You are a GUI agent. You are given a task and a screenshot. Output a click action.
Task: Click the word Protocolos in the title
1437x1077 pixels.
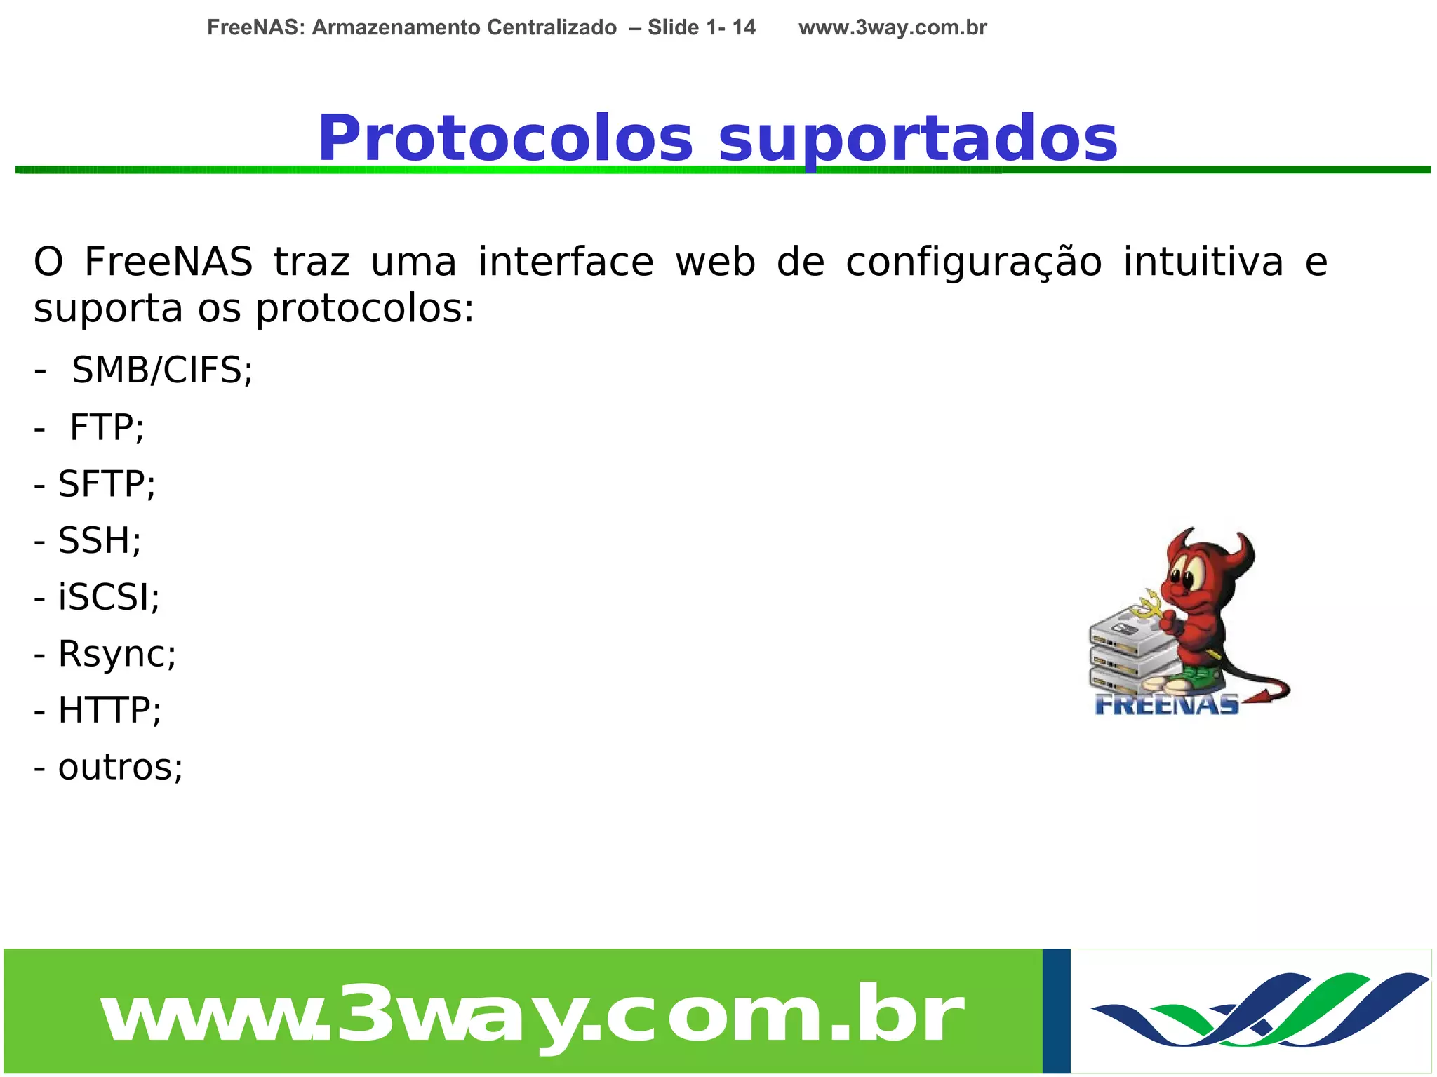point(505,138)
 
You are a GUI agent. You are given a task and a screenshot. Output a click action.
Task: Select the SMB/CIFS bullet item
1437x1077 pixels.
point(161,370)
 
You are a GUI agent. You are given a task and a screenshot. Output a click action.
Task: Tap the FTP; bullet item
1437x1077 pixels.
point(107,427)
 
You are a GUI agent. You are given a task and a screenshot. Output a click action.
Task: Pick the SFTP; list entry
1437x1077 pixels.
point(106,483)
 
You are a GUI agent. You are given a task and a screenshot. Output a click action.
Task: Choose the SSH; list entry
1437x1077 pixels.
point(99,540)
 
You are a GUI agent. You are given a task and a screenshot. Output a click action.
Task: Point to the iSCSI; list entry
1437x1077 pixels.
point(108,597)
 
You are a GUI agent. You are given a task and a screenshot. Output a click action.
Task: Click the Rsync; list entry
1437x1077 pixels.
point(116,654)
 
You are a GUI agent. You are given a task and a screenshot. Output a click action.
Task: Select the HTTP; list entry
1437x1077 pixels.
point(109,710)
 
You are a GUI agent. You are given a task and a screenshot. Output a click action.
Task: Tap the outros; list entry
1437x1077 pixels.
point(120,767)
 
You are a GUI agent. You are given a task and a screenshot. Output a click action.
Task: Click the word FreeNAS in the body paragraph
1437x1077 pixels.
point(168,262)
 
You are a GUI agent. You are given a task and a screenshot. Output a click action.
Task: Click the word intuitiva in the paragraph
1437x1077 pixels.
point(1203,262)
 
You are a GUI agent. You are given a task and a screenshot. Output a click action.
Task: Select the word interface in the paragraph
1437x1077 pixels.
point(566,262)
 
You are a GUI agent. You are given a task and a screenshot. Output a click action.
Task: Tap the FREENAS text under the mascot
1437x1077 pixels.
point(1166,704)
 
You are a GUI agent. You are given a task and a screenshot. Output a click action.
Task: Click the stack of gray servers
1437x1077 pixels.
point(1130,649)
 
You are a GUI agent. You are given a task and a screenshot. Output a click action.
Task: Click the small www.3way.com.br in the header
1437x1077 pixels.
point(892,27)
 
